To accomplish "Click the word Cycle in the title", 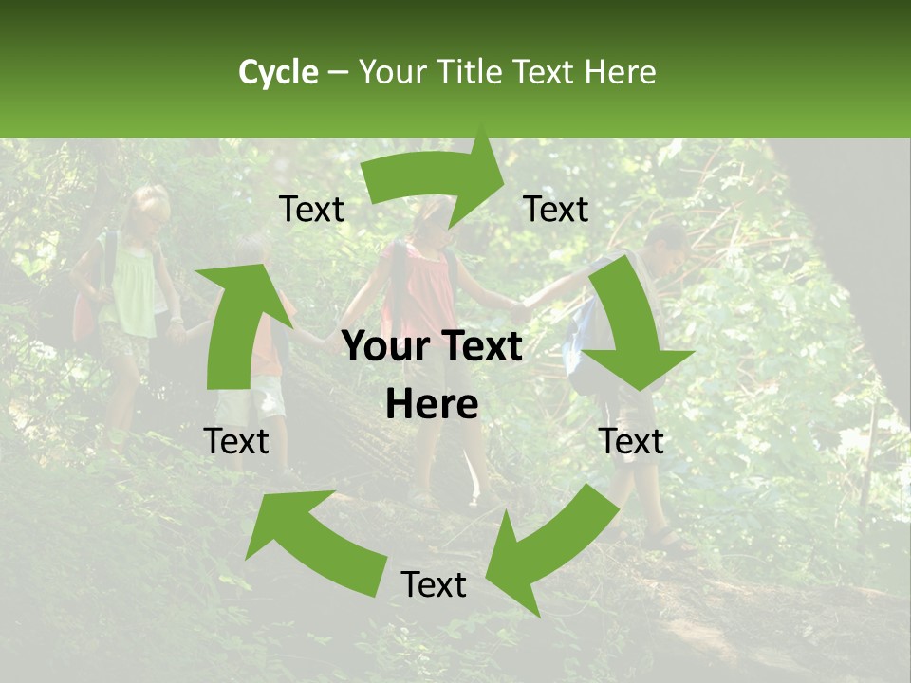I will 278,72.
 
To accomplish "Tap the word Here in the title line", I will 620,72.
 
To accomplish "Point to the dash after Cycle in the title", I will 337,73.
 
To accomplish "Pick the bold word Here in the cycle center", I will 432,404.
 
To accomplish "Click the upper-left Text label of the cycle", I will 312,210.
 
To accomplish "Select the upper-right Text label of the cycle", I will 556,209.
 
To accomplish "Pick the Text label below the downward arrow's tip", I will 631,441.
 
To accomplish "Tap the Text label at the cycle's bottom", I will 434,584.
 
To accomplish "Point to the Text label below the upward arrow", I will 237,441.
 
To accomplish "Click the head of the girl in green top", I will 147,204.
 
